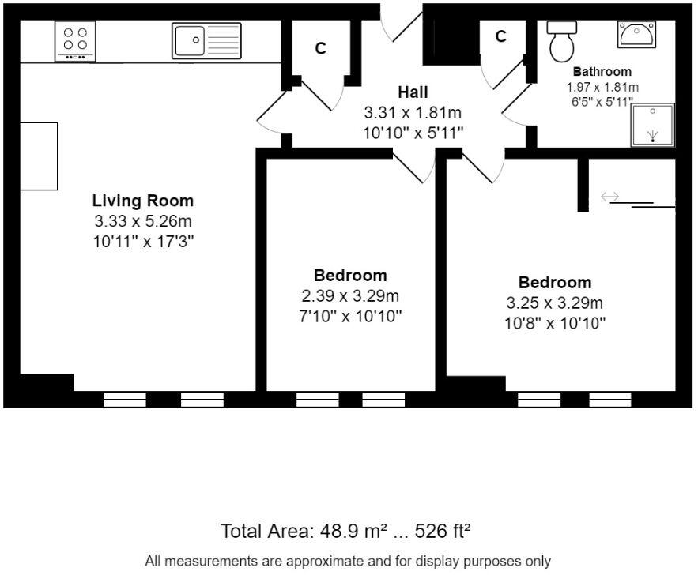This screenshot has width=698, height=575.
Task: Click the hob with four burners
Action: pos(75,41)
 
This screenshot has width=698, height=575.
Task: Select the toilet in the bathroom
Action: pos(562,41)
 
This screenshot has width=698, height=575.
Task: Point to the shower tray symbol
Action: pos(653,124)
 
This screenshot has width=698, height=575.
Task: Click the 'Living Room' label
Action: pos(142,201)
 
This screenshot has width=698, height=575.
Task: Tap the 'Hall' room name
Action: pos(413,93)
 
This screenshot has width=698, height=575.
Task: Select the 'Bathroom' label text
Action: pos(602,72)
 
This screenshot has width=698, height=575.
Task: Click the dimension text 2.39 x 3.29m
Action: pos(350,296)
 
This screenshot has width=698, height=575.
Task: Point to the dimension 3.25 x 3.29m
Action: pos(554,303)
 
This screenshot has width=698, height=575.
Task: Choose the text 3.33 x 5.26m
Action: pos(142,221)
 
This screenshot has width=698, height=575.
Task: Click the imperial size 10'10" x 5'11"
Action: pos(413,133)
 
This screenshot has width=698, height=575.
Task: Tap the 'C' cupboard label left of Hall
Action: pos(320,49)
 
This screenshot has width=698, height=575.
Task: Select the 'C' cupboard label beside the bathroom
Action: pos(500,36)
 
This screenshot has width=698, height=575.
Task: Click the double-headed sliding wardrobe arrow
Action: pos(609,197)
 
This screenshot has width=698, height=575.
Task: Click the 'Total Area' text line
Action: pos(345,531)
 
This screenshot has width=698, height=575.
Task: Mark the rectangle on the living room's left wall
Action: pos(39,156)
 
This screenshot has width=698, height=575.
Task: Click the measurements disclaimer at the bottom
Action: pos(348,562)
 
